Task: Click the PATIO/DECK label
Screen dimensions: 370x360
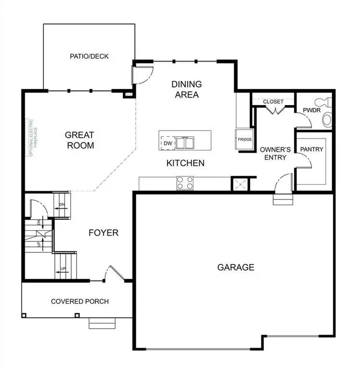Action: [x=89, y=56]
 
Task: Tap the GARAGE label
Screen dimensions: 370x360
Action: [x=235, y=267]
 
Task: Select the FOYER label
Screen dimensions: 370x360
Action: [x=103, y=233]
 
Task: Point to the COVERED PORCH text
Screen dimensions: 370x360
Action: [x=80, y=302]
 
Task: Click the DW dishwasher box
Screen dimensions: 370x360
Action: [x=167, y=143]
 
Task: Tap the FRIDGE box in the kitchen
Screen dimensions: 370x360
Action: [x=244, y=140]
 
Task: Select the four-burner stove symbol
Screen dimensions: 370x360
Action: [x=185, y=183]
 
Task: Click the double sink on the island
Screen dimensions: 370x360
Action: [x=185, y=143]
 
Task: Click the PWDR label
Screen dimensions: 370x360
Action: [x=309, y=110]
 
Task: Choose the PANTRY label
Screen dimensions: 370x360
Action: [x=311, y=149]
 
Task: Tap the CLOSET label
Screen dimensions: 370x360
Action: [x=273, y=102]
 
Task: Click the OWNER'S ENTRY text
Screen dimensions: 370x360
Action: [x=273, y=154]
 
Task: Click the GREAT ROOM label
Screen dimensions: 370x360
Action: [x=79, y=140]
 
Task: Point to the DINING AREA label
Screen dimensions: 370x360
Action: [x=187, y=90]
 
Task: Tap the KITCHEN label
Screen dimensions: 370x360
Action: [x=185, y=163]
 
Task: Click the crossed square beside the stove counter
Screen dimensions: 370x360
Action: [x=239, y=184]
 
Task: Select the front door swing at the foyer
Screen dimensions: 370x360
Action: [x=116, y=273]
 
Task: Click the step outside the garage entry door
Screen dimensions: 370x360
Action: [x=283, y=199]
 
